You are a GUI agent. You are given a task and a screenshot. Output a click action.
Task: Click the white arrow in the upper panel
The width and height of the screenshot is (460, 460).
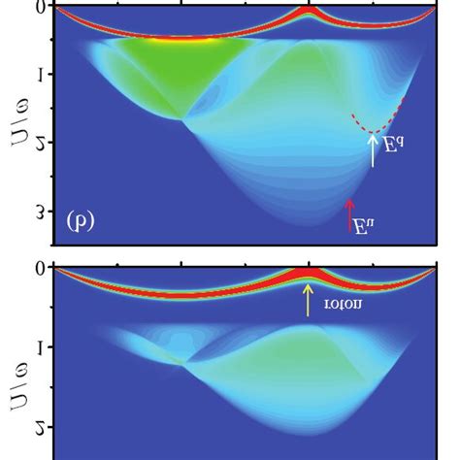[373, 150]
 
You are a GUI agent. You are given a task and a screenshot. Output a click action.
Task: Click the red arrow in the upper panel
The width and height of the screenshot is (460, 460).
[350, 215]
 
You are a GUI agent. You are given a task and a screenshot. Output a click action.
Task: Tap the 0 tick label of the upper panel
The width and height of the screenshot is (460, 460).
[40, 7]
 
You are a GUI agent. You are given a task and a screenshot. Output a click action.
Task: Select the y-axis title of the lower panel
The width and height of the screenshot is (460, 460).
[16, 374]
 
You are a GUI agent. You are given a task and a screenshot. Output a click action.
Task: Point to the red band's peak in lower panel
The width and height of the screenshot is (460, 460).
[309, 274]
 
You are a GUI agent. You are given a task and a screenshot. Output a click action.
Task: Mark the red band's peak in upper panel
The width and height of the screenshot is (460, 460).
[310, 12]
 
